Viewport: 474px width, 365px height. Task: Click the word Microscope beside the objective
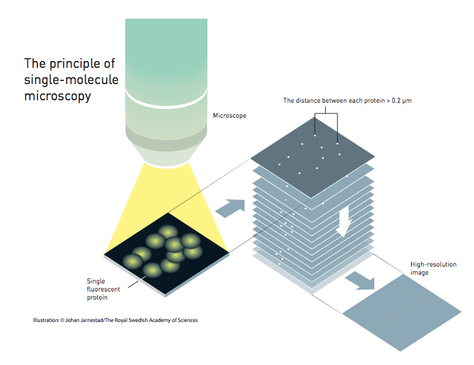pos(229,115)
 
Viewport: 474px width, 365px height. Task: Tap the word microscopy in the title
pos(57,96)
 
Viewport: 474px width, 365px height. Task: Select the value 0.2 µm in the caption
pos(402,101)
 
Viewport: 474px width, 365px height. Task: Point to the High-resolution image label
pos(433,268)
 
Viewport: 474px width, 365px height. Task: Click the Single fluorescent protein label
pos(103,289)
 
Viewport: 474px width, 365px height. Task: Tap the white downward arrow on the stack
pos(344,221)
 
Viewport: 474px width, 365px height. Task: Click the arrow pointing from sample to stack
pos(230,209)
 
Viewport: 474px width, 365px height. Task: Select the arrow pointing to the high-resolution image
pos(361,281)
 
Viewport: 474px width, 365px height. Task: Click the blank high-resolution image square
pos(402,313)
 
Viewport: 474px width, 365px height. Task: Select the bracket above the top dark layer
pos(326,114)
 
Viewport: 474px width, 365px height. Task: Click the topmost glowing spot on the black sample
pos(168,232)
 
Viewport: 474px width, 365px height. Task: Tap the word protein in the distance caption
pos(374,101)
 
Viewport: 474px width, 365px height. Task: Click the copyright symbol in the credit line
pos(62,320)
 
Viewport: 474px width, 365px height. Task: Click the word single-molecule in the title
pos(71,80)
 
